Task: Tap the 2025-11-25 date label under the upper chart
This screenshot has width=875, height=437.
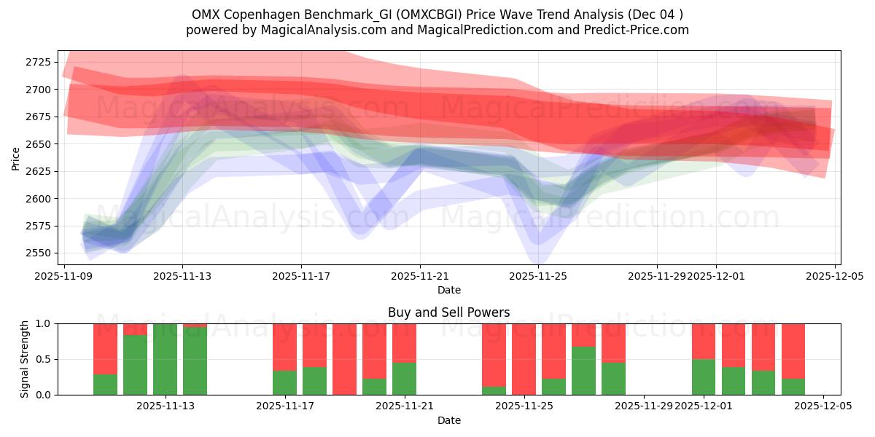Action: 538,277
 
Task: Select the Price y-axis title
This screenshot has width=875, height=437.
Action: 15,157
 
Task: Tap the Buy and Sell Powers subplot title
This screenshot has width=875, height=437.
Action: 448,312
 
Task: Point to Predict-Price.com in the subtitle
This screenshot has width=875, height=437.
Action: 643,30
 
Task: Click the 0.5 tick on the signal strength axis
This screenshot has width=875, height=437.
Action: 43,359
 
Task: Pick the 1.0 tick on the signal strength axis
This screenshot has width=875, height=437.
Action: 43,323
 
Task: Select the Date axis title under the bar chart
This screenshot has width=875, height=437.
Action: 448,420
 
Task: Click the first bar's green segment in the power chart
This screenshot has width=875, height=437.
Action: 106,385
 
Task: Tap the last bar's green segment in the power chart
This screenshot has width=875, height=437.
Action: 793,387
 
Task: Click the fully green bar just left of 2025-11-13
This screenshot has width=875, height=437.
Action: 166,359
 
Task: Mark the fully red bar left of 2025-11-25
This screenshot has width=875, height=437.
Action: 524,359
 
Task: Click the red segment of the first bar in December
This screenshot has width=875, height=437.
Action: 704,341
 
